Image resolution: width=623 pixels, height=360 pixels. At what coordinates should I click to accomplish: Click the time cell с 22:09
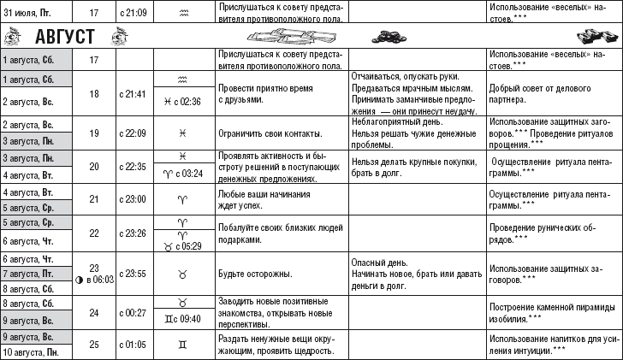(x=132, y=133)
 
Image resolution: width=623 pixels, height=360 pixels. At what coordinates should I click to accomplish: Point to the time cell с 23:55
(x=132, y=274)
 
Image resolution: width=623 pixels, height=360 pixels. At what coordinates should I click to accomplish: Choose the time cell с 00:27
(x=132, y=312)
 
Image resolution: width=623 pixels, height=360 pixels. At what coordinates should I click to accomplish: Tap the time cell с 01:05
(x=132, y=344)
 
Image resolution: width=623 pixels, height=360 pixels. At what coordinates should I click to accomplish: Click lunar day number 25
(x=95, y=344)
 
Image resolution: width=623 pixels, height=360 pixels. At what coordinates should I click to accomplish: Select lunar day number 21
(x=95, y=197)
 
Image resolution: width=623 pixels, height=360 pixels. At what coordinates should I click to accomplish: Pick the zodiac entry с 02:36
(x=183, y=102)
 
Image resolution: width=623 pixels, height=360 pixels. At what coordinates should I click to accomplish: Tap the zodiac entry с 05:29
(x=183, y=245)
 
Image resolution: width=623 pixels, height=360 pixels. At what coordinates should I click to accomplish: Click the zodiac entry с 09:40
(x=183, y=319)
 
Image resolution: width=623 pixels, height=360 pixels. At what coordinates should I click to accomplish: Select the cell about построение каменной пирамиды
(x=553, y=312)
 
